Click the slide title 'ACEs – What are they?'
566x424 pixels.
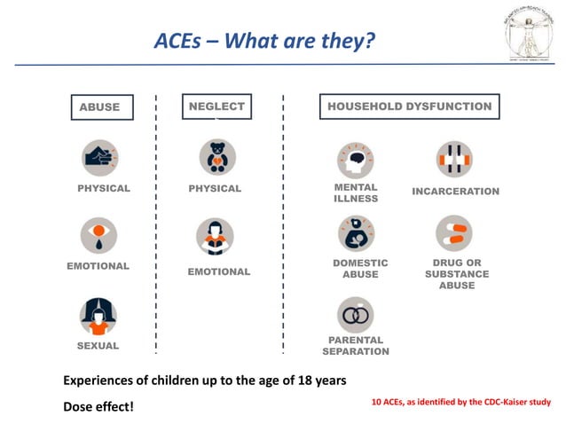pos(264,41)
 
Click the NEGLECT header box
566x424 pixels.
pos(216,106)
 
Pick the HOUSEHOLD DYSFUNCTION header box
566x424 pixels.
pos(409,106)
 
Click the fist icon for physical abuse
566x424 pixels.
pos(99,158)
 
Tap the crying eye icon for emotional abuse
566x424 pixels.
pos(99,235)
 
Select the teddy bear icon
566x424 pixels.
pos(216,158)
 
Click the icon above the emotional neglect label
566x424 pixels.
pos(216,238)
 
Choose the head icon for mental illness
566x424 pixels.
pos(355,160)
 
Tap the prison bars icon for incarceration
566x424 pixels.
pos(454,160)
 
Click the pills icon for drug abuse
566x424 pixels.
pos(454,233)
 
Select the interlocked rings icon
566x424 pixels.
pos(355,314)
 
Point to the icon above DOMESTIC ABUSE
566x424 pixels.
pos(355,234)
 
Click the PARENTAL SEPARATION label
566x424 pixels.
pos(355,346)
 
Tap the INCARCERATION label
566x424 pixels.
pos(455,192)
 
